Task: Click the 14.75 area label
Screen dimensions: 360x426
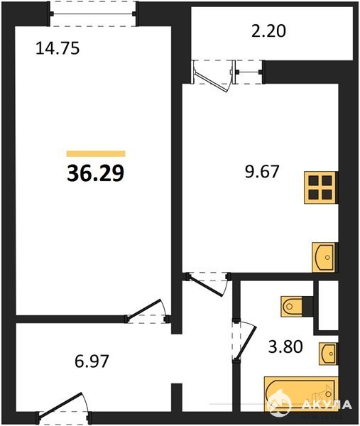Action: (58, 48)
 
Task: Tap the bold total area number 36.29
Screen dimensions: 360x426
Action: (95, 173)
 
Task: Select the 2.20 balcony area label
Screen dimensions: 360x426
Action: (268, 31)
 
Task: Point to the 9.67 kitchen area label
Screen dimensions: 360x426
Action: (262, 171)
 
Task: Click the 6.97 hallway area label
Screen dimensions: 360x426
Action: (92, 361)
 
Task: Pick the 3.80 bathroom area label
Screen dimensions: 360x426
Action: (285, 346)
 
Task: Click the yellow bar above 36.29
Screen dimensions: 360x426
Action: (96, 154)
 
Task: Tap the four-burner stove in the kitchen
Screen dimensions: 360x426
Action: (321, 187)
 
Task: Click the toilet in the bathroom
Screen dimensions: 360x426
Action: (296, 307)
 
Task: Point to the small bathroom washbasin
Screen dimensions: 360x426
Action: (328, 354)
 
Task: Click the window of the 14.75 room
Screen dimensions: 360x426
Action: (92, 14)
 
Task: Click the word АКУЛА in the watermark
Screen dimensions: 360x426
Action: (327, 405)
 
